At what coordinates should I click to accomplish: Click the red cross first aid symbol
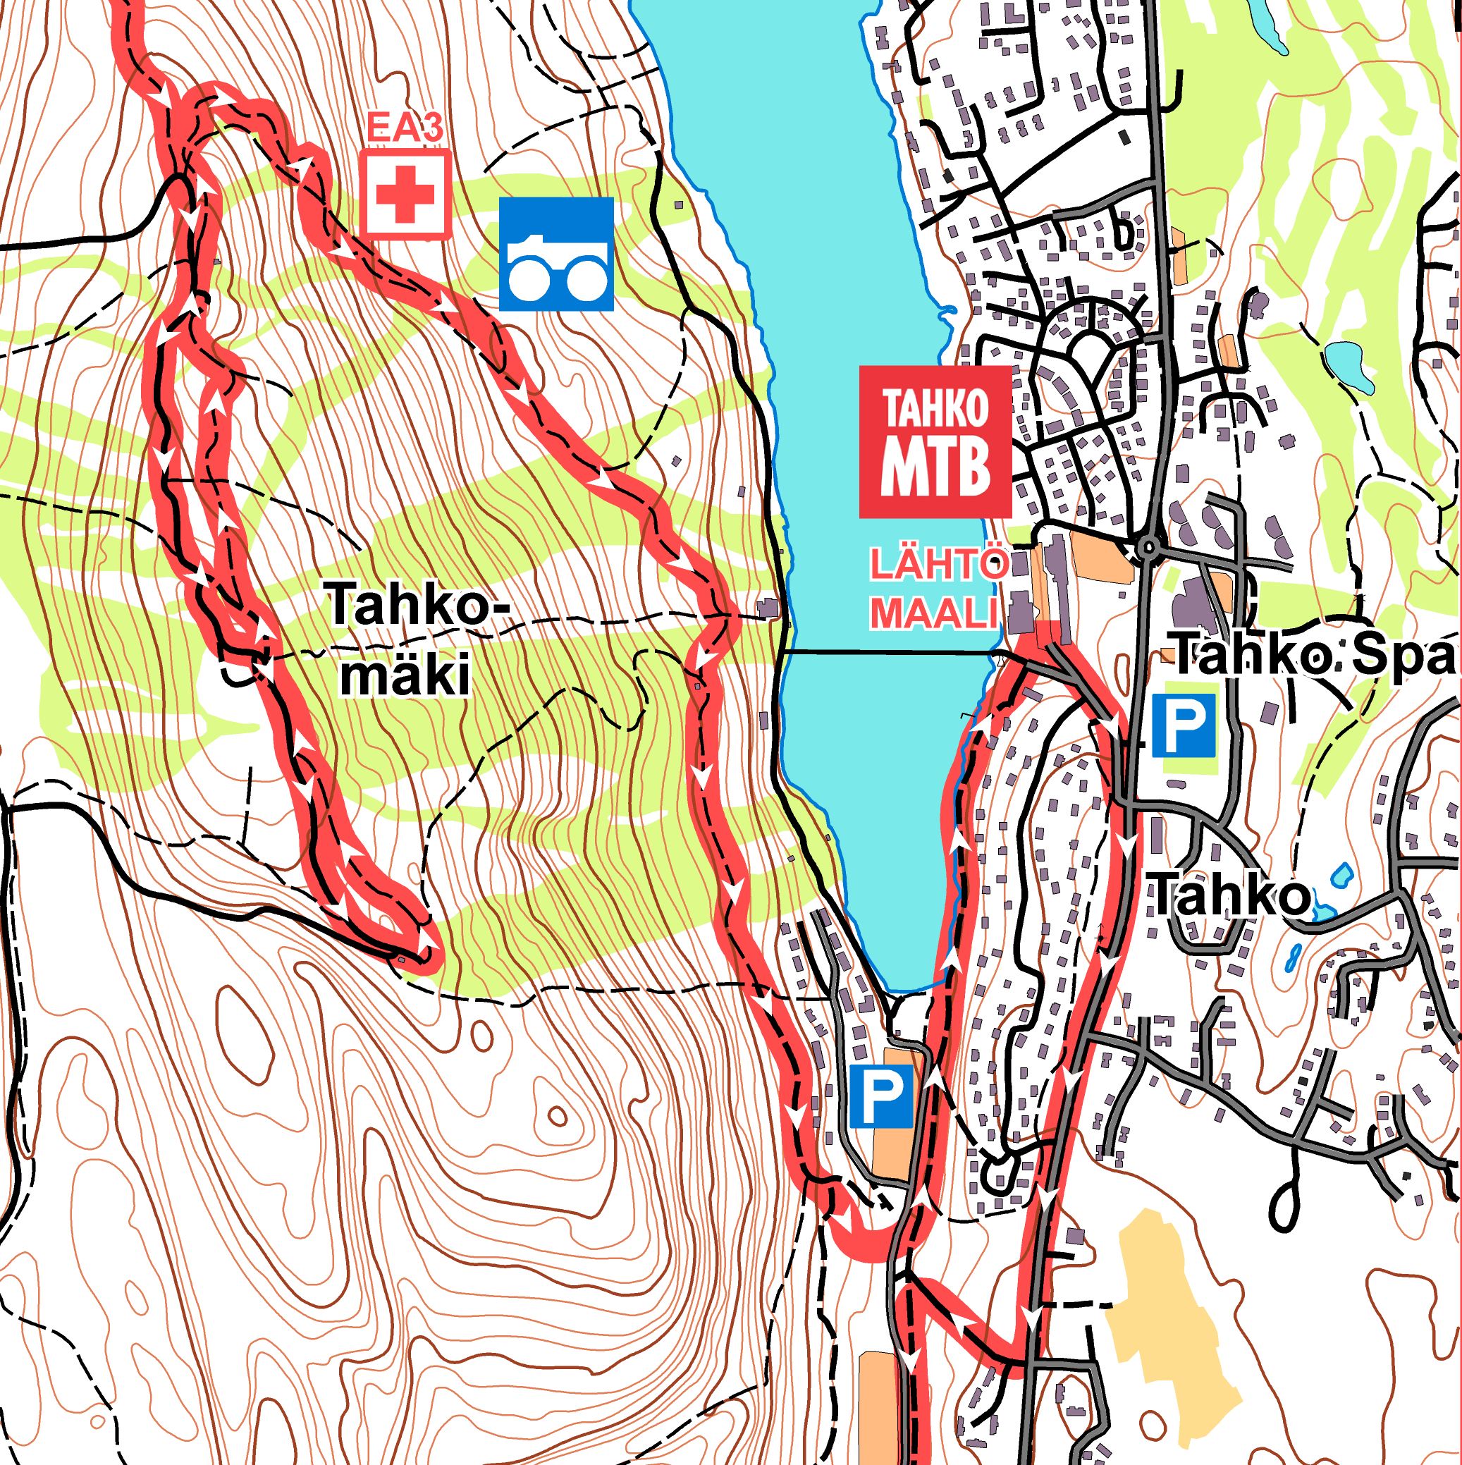406,195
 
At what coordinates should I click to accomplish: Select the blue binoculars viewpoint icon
556,254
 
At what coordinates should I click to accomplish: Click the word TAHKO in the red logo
935,409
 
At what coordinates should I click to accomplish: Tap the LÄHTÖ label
939,565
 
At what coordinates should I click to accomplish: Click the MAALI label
933,613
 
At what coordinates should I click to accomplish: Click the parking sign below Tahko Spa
1184,725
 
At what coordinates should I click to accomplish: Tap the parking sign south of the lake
880,1096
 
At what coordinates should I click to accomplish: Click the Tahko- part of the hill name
417,604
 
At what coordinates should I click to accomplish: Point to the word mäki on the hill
404,675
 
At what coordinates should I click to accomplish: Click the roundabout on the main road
1148,546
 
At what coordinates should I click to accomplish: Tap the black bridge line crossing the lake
887,652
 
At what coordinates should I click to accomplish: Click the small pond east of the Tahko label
1341,876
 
